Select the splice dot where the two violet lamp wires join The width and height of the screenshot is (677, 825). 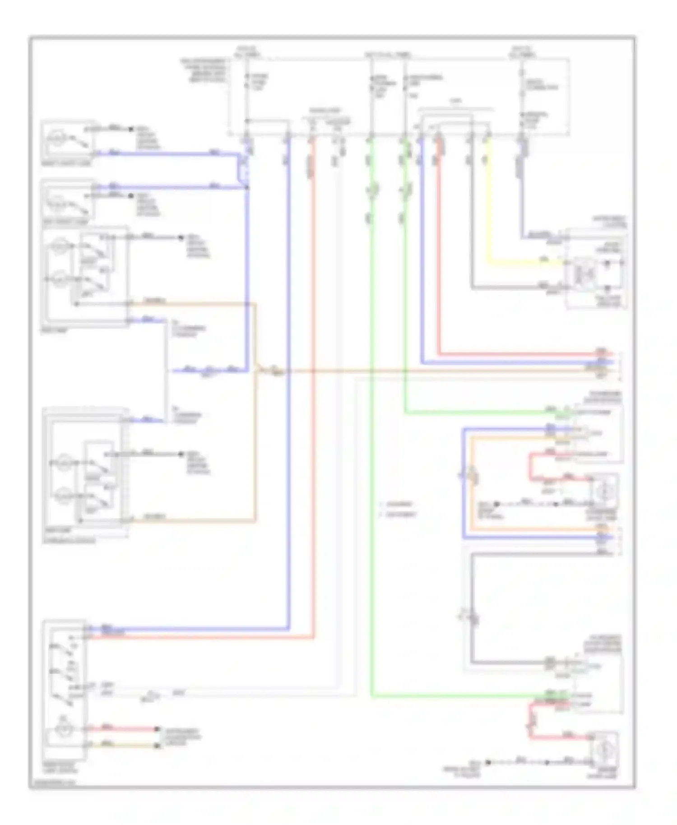(247, 187)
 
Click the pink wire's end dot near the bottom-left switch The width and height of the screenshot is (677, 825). (158, 729)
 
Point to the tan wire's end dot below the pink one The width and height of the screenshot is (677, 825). (158, 746)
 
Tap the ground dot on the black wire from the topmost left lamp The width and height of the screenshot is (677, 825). (131, 129)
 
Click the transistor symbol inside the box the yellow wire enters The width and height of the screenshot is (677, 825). (579, 273)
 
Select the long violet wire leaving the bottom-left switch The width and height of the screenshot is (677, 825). (190, 629)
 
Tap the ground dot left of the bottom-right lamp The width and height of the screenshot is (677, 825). (488, 762)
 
